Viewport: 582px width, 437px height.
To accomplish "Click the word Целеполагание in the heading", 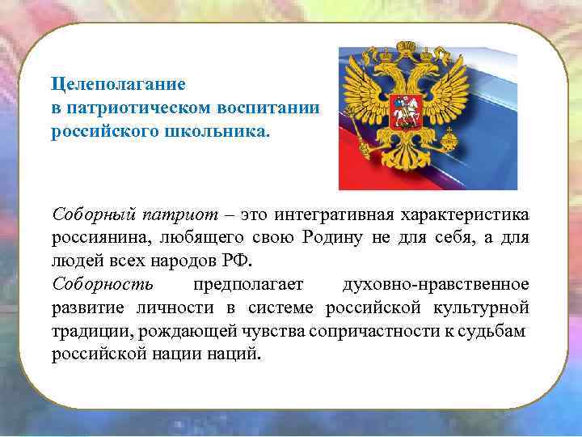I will pos(118,83).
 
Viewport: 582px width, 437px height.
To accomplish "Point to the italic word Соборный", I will pos(86,215).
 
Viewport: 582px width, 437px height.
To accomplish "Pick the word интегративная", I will pos(334,215).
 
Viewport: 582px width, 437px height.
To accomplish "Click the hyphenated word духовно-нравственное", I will pos(436,285).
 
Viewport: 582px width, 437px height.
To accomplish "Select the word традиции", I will pos(84,331).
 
